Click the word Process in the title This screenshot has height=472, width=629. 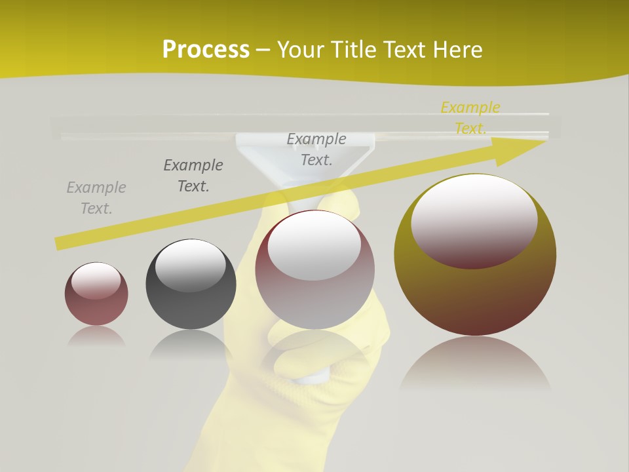tap(206, 49)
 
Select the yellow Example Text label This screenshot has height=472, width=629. tap(470, 118)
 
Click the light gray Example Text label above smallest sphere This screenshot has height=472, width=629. tap(96, 198)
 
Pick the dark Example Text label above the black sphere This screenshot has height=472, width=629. tap(193, 176)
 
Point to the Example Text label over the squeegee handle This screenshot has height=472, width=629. tap(316, 149)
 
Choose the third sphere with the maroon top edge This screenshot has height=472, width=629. tap(314, 295)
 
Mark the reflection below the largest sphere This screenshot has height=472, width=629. tap(475, 364)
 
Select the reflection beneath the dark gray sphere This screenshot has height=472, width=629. tap(191, 344)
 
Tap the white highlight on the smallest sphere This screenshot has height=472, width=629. tap(96, 280)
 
